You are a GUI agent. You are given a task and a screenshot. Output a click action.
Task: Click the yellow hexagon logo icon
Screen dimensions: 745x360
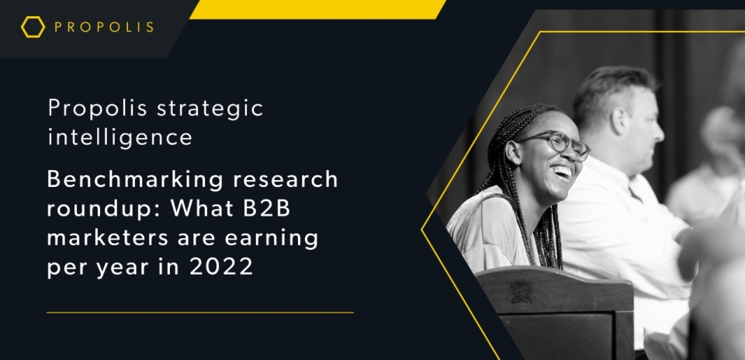coord(33,27)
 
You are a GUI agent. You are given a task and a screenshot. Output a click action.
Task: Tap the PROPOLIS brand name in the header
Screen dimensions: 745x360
coord(104,27)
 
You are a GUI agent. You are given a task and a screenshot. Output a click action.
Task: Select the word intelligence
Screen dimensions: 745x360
coord(120,137)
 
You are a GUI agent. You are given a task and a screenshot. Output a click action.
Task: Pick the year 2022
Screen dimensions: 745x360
coord(221,267)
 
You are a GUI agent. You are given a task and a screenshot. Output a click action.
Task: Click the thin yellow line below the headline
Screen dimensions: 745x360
coord(200,313)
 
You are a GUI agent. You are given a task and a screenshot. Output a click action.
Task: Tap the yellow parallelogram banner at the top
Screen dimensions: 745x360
coord(317,9)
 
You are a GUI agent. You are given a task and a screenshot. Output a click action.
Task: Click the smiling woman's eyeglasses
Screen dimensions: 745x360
coord(555,144)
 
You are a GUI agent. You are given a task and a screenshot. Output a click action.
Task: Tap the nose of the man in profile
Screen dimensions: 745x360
coord(659,131)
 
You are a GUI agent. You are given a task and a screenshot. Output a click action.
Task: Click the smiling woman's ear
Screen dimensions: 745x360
coord(513,153)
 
